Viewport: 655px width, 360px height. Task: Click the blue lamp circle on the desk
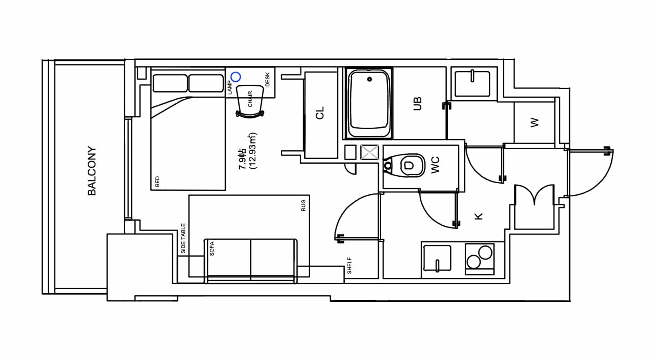236,77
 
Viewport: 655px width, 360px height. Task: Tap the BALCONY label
92,171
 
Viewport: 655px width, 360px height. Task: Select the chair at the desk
250,102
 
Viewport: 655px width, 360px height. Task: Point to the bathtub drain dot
370,79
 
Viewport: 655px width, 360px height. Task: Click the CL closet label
320,113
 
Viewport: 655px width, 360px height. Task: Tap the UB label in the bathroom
417,104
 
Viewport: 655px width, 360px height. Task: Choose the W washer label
534,122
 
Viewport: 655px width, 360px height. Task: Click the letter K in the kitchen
479,216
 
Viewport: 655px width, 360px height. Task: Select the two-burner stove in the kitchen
479,259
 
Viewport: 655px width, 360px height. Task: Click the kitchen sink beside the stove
437,259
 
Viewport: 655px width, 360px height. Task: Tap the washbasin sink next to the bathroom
472,83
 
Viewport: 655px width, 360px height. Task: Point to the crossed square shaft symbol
370,152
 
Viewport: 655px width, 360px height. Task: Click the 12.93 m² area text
252,151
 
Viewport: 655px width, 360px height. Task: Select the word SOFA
212,249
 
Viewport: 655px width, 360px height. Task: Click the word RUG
303,205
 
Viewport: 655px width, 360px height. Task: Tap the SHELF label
350,265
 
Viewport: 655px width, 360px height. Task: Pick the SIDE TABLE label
183,239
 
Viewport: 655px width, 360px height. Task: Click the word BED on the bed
157,182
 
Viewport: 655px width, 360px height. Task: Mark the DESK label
267,79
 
